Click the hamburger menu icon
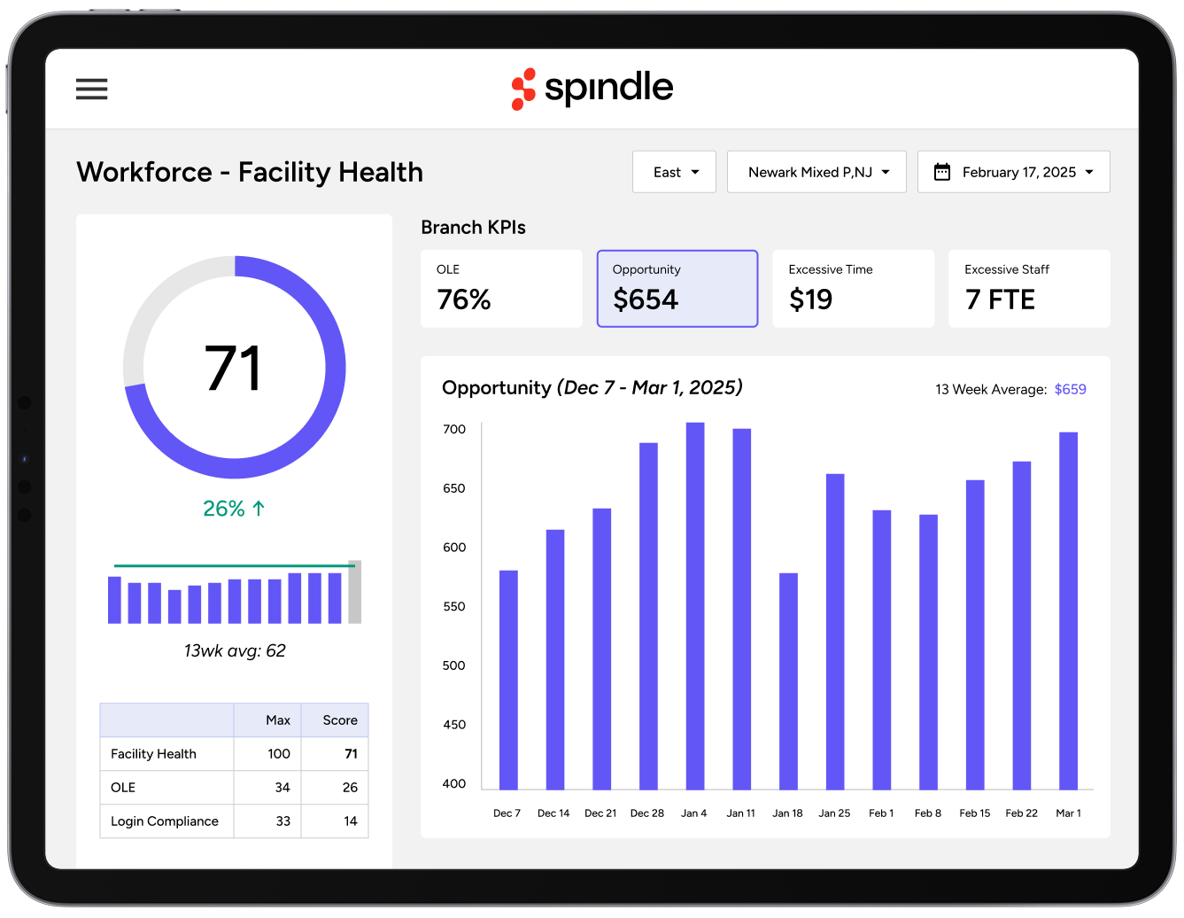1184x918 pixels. pos(92,89)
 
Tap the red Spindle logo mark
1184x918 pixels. pos(523,89)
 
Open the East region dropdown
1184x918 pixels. pos(674,172)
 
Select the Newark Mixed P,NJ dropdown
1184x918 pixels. pos(816,172)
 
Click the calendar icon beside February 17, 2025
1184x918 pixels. pos(942,172)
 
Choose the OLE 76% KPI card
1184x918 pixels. pos(501,289)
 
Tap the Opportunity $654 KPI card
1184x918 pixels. pos(677,289)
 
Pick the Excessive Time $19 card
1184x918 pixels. pos(853,289)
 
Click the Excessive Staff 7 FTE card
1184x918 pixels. pos(1029,289)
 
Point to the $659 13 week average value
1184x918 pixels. pos(1070,389)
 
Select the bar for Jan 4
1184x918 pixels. pos(695,606)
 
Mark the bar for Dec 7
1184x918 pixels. pos(508,680)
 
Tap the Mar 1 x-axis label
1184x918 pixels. pos(1068,813)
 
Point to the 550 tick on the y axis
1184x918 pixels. pos(453,607)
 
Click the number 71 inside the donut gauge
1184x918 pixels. pos(234,369)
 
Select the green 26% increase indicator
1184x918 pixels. pos(234,509)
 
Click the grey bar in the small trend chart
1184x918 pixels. pos(354,592)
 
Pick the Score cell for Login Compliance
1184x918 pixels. pos(350,821)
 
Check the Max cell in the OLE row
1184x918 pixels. pos(282,788)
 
